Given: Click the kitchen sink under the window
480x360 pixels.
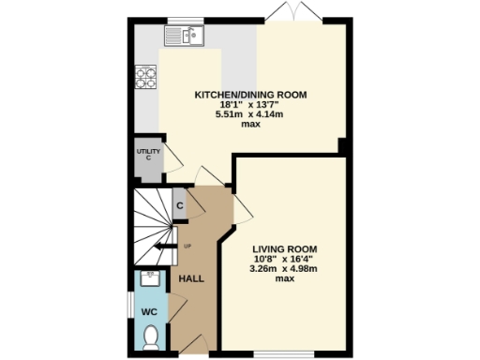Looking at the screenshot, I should click(186, 36).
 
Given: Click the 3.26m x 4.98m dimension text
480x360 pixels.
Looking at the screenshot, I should click(284, 268).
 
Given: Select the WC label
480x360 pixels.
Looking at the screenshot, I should click(150, 310).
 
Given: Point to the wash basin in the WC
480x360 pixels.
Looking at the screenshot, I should click(149, 278).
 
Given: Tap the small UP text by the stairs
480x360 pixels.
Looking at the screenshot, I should click(187, 247).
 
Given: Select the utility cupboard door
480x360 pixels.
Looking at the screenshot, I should click(173, 157).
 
